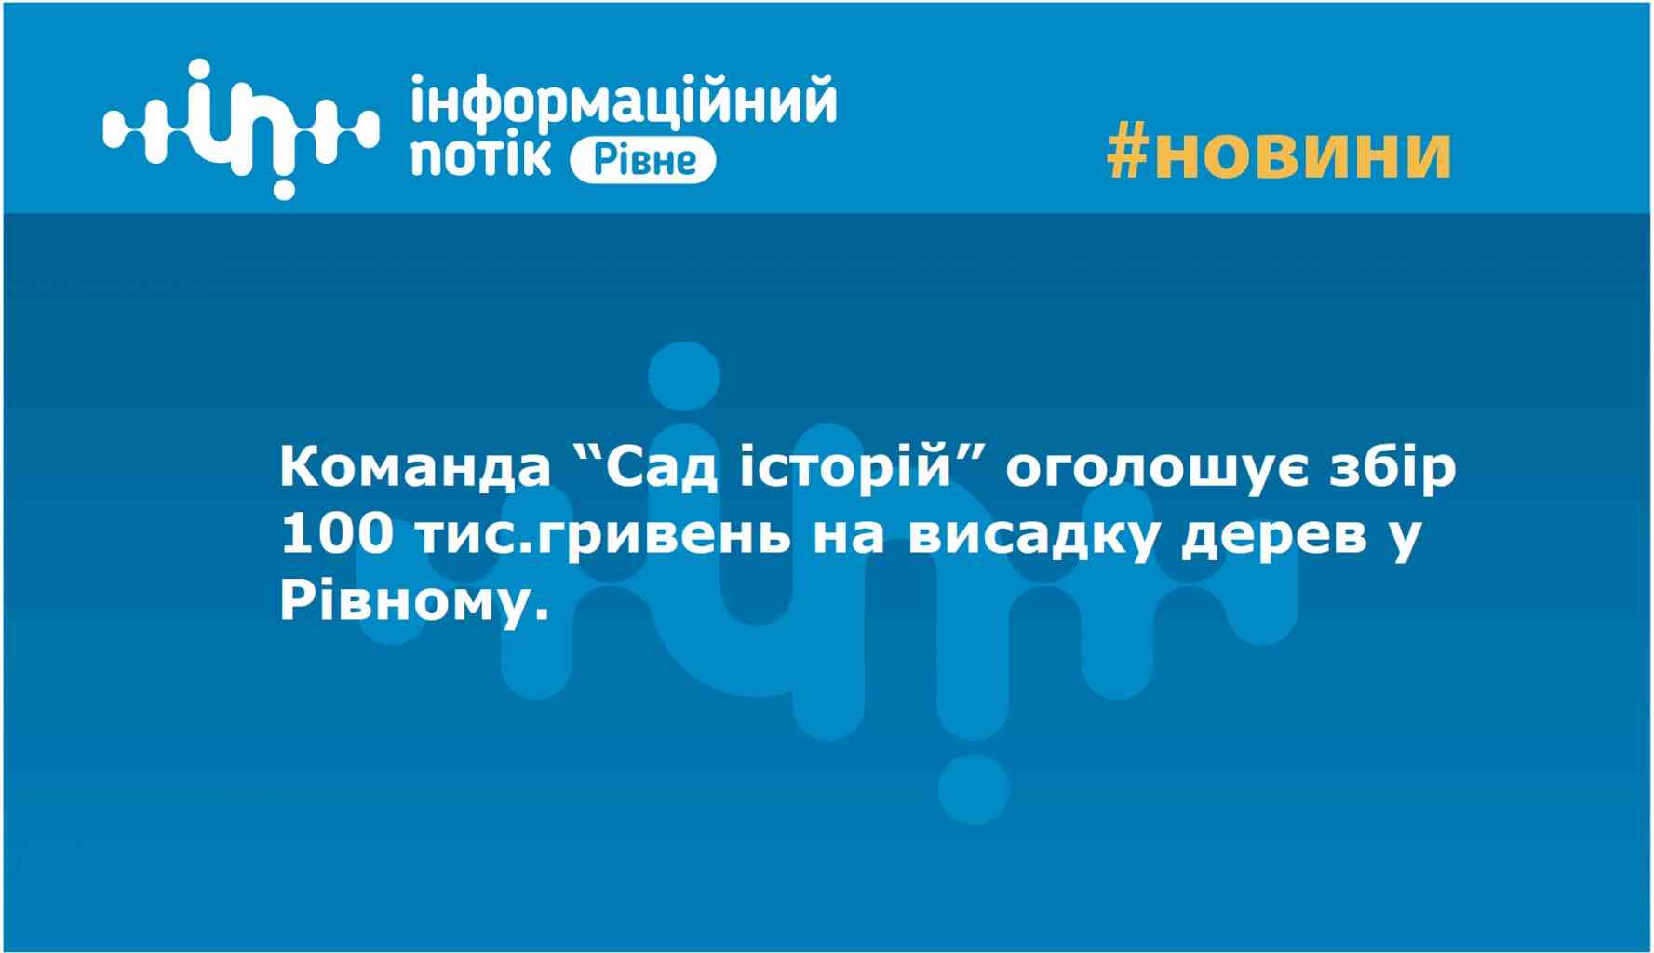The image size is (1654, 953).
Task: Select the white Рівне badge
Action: (642, 162)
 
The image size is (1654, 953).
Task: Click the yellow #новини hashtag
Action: (1279, 153)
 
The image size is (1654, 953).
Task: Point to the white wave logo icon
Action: (240, 128)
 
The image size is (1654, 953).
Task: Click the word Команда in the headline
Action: (415, 468)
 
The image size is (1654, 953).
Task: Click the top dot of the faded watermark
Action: (684, 378)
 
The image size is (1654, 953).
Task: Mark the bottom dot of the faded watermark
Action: (974, 789)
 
